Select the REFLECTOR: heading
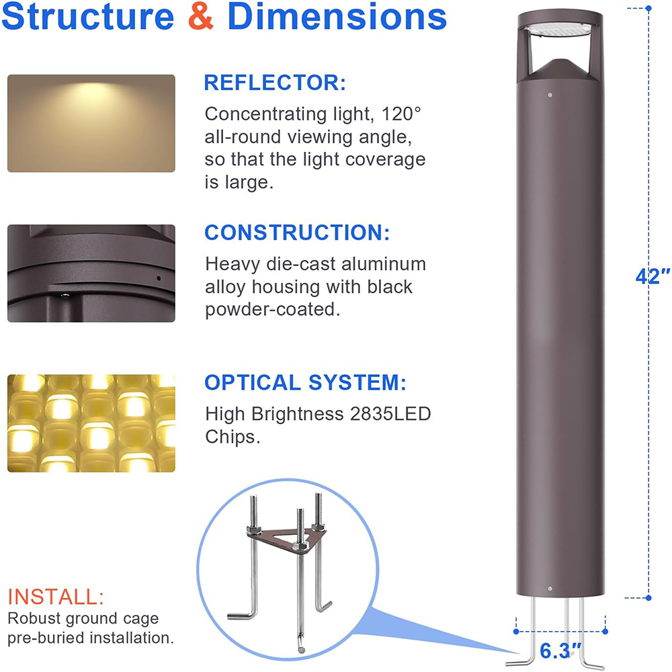tap(275, 83)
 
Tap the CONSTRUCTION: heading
tap(297, 233)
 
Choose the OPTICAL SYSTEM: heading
tap(305, 383)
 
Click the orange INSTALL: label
tap(56, 596)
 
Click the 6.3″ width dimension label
tap(560, 651)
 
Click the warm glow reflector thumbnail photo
tap(91, 123)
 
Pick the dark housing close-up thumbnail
tap(91, 273)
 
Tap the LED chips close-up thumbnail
tap(91, 423)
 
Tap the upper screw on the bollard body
tap(550, 95)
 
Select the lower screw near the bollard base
tap(550, 588)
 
